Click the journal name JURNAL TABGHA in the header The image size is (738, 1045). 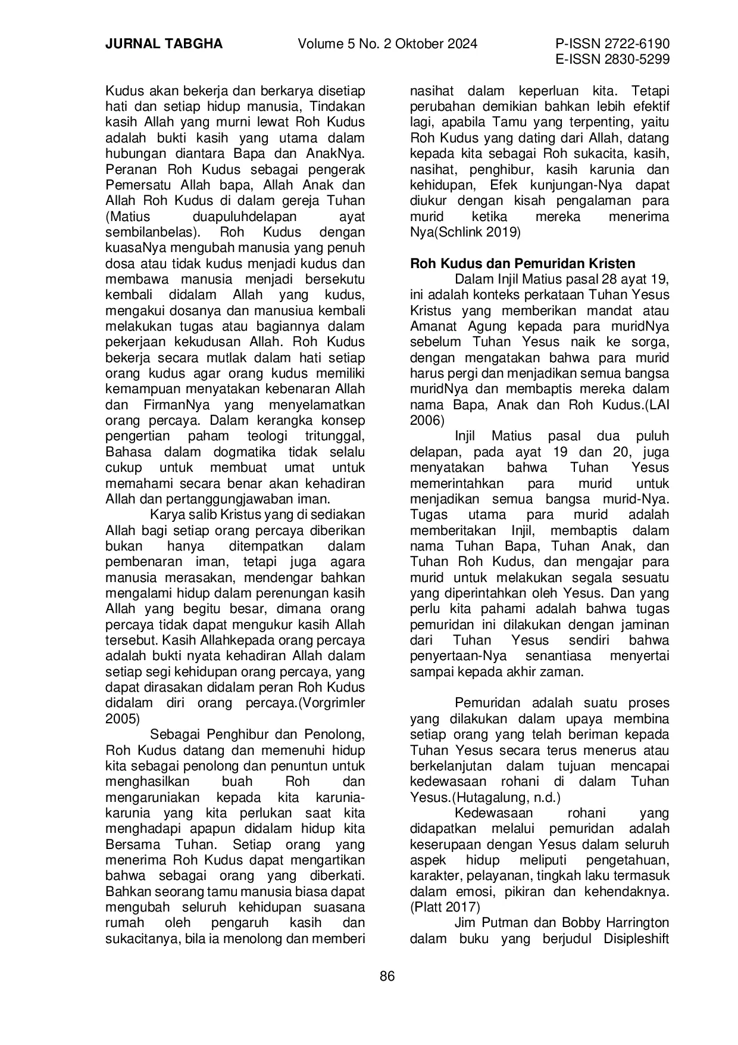pos(164,44)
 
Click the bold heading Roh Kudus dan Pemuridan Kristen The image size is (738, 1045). pos(523,263)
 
